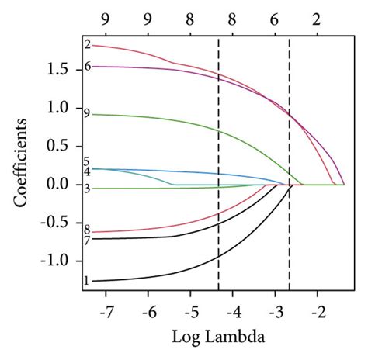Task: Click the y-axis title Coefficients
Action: tap(23, 164)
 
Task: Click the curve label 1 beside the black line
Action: tap(86, 281)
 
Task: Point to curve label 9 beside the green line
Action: tap(86, 115)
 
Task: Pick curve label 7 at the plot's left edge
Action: tap(86, 241)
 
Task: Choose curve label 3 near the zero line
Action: tap(86, 189)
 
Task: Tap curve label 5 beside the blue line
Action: tap(86, 161)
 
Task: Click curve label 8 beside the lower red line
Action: tap(86, 230)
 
